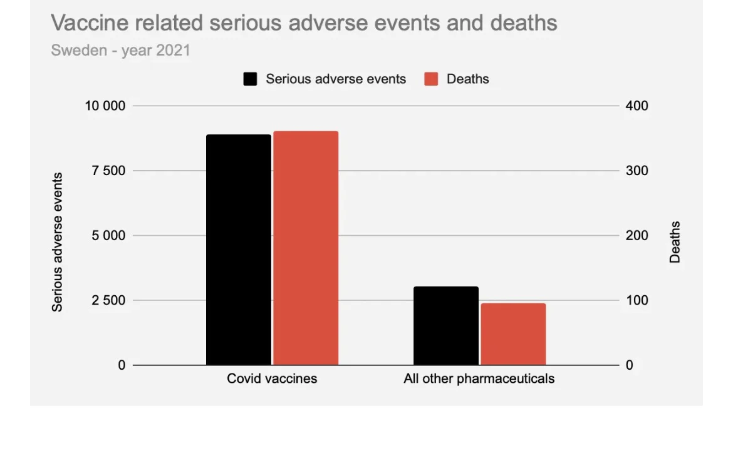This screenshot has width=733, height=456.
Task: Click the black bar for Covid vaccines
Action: [x=239, y=250]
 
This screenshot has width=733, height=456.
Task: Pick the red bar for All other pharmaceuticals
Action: [x=513, y=334]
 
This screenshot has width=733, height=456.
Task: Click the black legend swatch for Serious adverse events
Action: [x=251, y=79]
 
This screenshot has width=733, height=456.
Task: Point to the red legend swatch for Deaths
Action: [x=431, y=79]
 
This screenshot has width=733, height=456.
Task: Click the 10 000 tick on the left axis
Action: [x=105, y=106]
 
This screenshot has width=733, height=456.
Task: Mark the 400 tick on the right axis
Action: [x=637, y=106]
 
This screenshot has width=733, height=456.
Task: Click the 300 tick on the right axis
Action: [x=637, y=171]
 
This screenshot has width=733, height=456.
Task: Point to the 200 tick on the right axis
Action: [x=637, y=236]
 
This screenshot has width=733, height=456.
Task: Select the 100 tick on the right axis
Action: [x=637, y=300]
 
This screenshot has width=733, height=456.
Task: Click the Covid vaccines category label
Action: [x=272, y=378]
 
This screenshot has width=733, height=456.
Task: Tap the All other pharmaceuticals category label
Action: [x=479, y=378]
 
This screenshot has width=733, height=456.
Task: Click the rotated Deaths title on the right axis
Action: [x=675, y=242]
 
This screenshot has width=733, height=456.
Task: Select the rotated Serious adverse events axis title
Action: [x=58, y=242]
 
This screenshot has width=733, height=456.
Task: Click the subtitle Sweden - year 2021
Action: [x=120, y=51]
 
